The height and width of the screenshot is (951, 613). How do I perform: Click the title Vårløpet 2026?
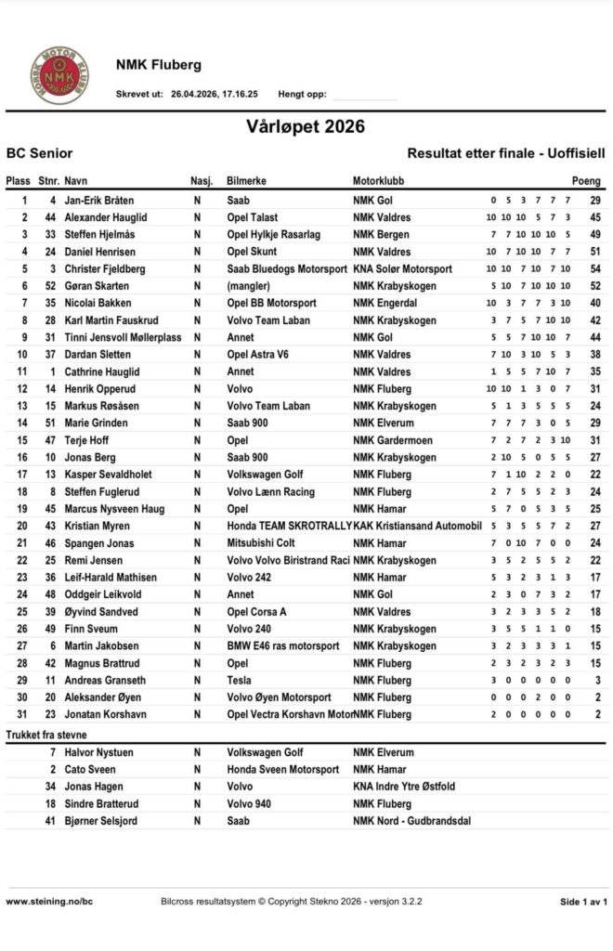pos(306,126)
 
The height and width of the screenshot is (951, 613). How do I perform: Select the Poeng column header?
pos(586,181)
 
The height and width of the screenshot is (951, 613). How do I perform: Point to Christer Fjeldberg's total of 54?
pos(595,268)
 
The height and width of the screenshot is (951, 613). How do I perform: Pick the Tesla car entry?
pos(241,681)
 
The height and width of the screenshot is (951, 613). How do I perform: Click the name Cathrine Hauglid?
pos(103,371)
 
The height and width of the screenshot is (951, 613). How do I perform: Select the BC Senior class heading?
pos(39,153)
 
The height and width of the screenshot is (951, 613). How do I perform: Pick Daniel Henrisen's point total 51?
pos(595,252)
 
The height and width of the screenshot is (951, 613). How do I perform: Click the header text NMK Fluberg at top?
pos(158,65)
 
